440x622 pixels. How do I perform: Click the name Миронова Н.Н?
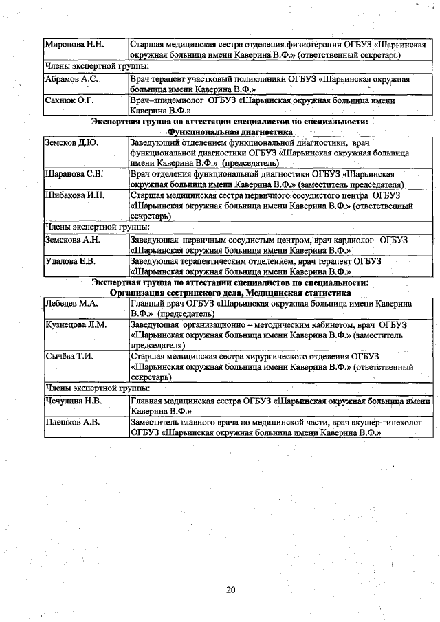tap(74, 44)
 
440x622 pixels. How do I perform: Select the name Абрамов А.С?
tap(71, 80)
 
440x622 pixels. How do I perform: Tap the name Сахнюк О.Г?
tap(69, 100)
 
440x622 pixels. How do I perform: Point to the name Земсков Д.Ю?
tap(71, 143)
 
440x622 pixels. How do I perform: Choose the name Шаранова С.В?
tap(74, 175)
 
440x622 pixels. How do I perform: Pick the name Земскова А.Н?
tap(72, 241)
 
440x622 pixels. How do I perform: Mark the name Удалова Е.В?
tap(69, 262)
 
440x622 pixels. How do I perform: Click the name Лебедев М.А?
tap(71, 302)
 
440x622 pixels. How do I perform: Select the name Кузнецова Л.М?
tap(76, 324)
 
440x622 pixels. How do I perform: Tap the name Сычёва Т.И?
tap(69, 356)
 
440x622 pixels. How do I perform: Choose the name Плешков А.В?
tap(71, 422)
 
